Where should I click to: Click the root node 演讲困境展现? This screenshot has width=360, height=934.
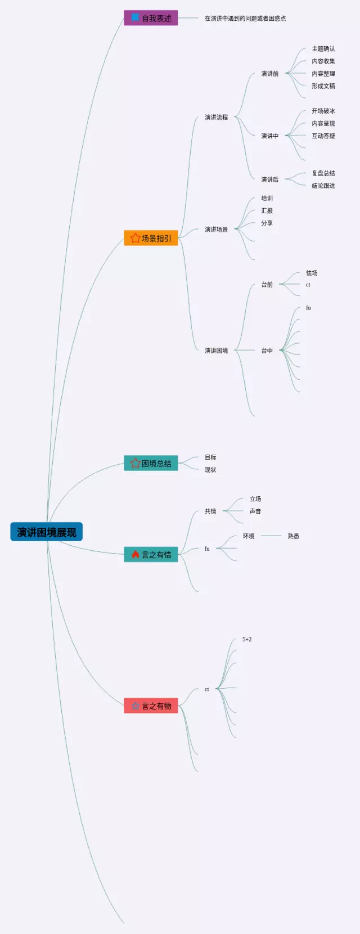(46, 532)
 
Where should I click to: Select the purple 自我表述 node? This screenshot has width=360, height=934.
(151, 18)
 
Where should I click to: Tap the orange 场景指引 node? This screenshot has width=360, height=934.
(151, 238)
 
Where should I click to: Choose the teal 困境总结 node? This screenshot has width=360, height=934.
(151, 463)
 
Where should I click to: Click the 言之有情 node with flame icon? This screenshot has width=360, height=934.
(151, 555)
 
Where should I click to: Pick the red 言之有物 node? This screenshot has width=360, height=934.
(151, 706)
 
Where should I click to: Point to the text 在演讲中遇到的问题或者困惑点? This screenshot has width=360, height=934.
(245, 19)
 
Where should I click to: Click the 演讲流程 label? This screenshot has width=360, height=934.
(216, 117)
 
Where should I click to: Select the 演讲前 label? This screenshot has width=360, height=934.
(269, 74)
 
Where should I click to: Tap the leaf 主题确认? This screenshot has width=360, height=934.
(323, 49)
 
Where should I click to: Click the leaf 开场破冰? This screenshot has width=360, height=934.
(323, 111)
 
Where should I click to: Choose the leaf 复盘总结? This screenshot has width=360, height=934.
(323, 173)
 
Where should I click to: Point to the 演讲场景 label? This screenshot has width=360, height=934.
(216, 229)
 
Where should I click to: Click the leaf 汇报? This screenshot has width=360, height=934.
(267, 210)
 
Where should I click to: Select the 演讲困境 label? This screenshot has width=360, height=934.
(216, 351)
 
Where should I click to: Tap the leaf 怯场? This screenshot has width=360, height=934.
(312, 273)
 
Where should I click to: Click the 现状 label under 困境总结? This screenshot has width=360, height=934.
(210, 470)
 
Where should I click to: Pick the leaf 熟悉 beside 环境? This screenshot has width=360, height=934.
(293, 536)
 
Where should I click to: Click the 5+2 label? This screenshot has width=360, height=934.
(247, 639)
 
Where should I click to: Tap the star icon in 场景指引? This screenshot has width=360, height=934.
(135, 238)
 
